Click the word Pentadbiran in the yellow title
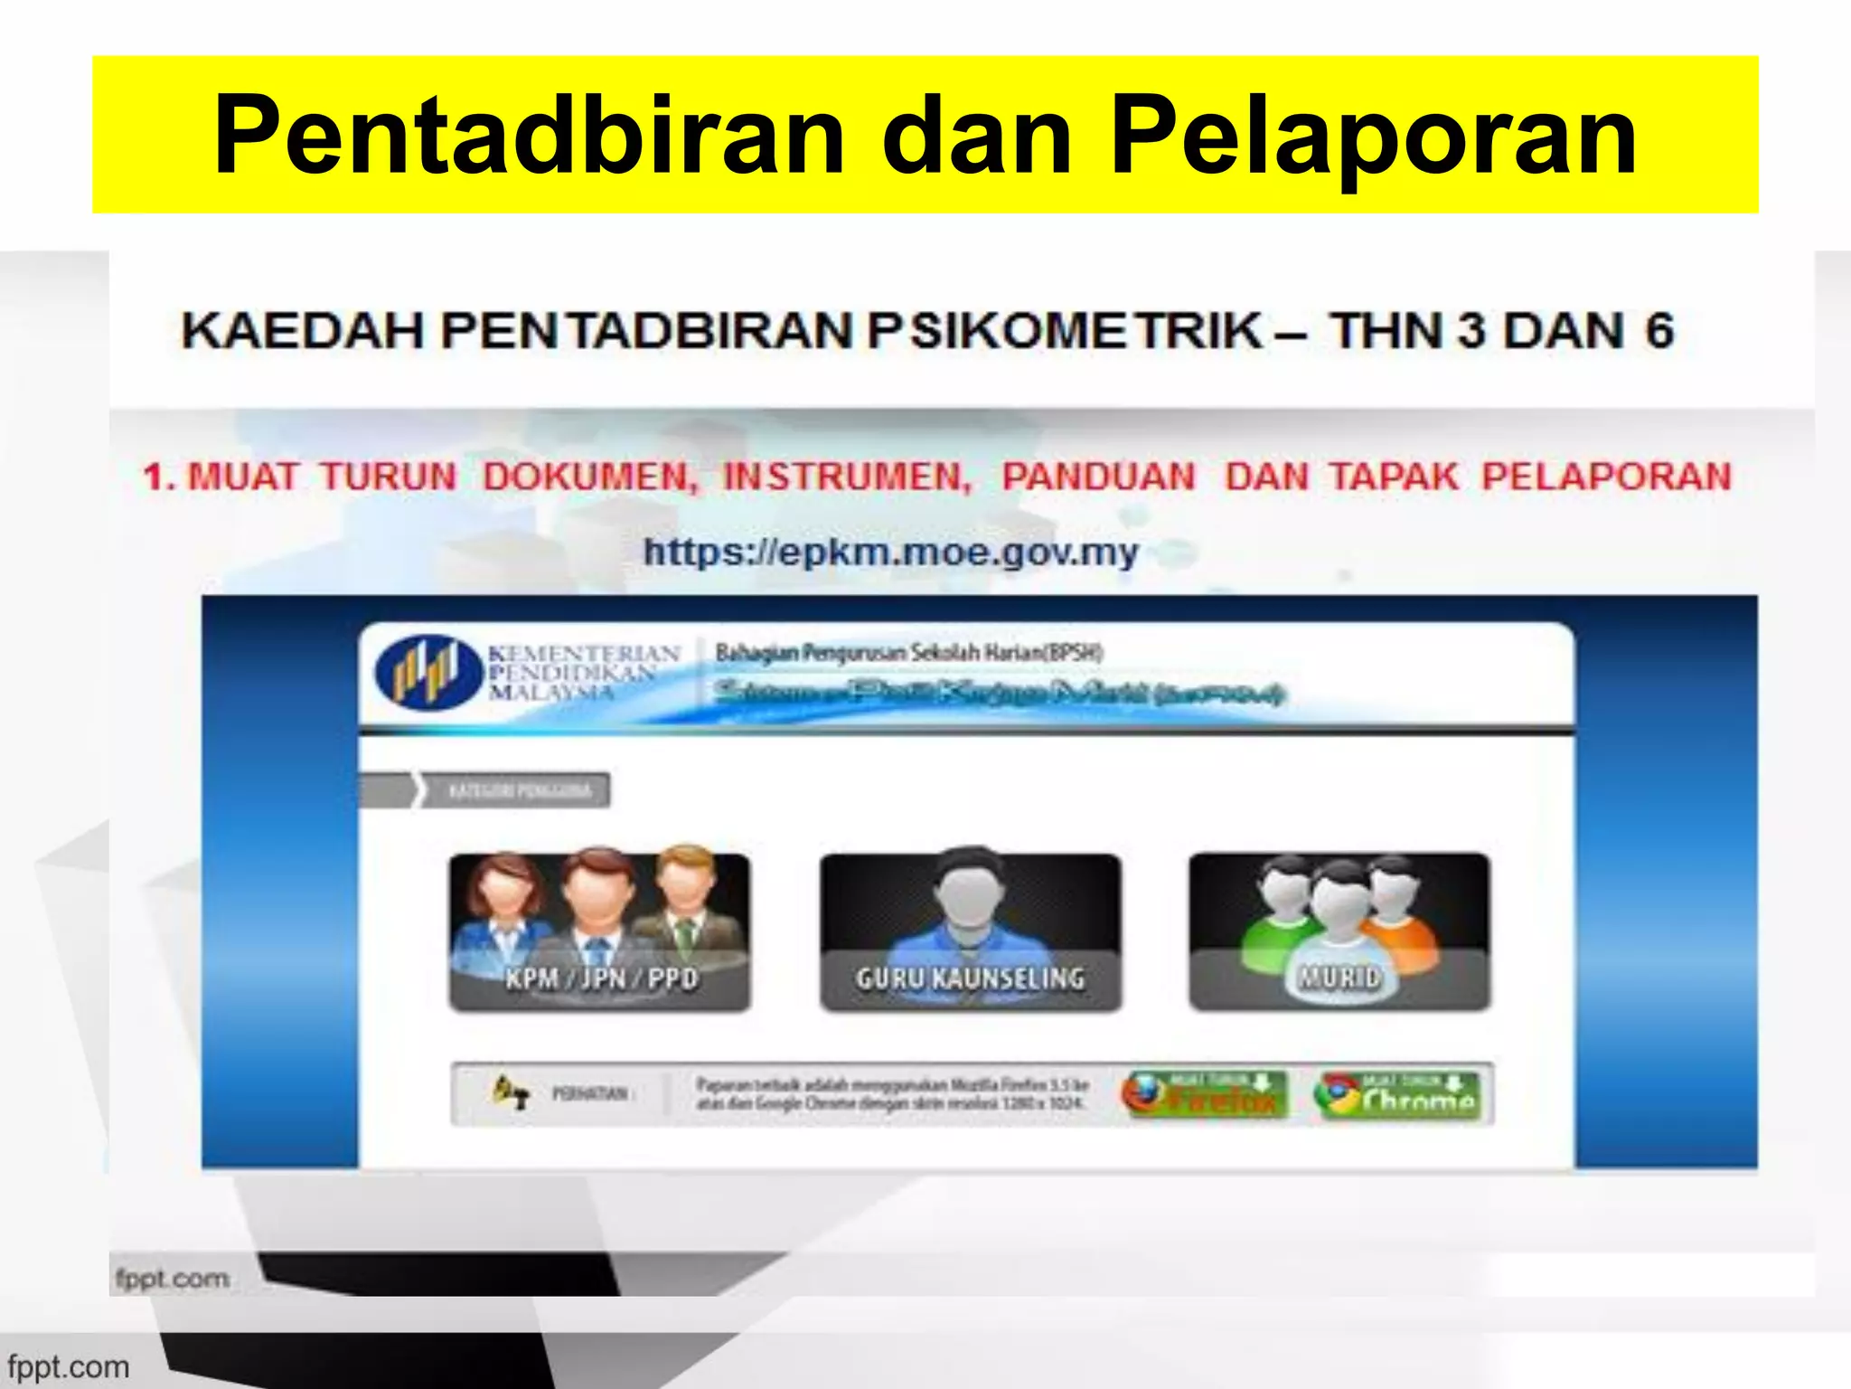(x=528, y=136)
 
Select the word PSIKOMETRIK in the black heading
(x=1065, y=330)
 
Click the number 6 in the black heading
(x=1658, y=330)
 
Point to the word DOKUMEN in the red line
(x=590, y=477)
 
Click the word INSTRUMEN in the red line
(x=847, y=477)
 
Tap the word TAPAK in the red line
(x=1393, y=477)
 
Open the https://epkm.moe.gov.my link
(x=890, y=551)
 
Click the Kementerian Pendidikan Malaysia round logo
(x=428, y=672)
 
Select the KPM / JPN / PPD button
(x=600, y=931)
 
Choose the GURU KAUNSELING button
(x=970, y=931)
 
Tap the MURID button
(x=1339, y=931)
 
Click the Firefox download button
(x=1205, y=1095)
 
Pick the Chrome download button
(x=1397, y=1095)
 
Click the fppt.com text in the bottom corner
(x=69, y=1366)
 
